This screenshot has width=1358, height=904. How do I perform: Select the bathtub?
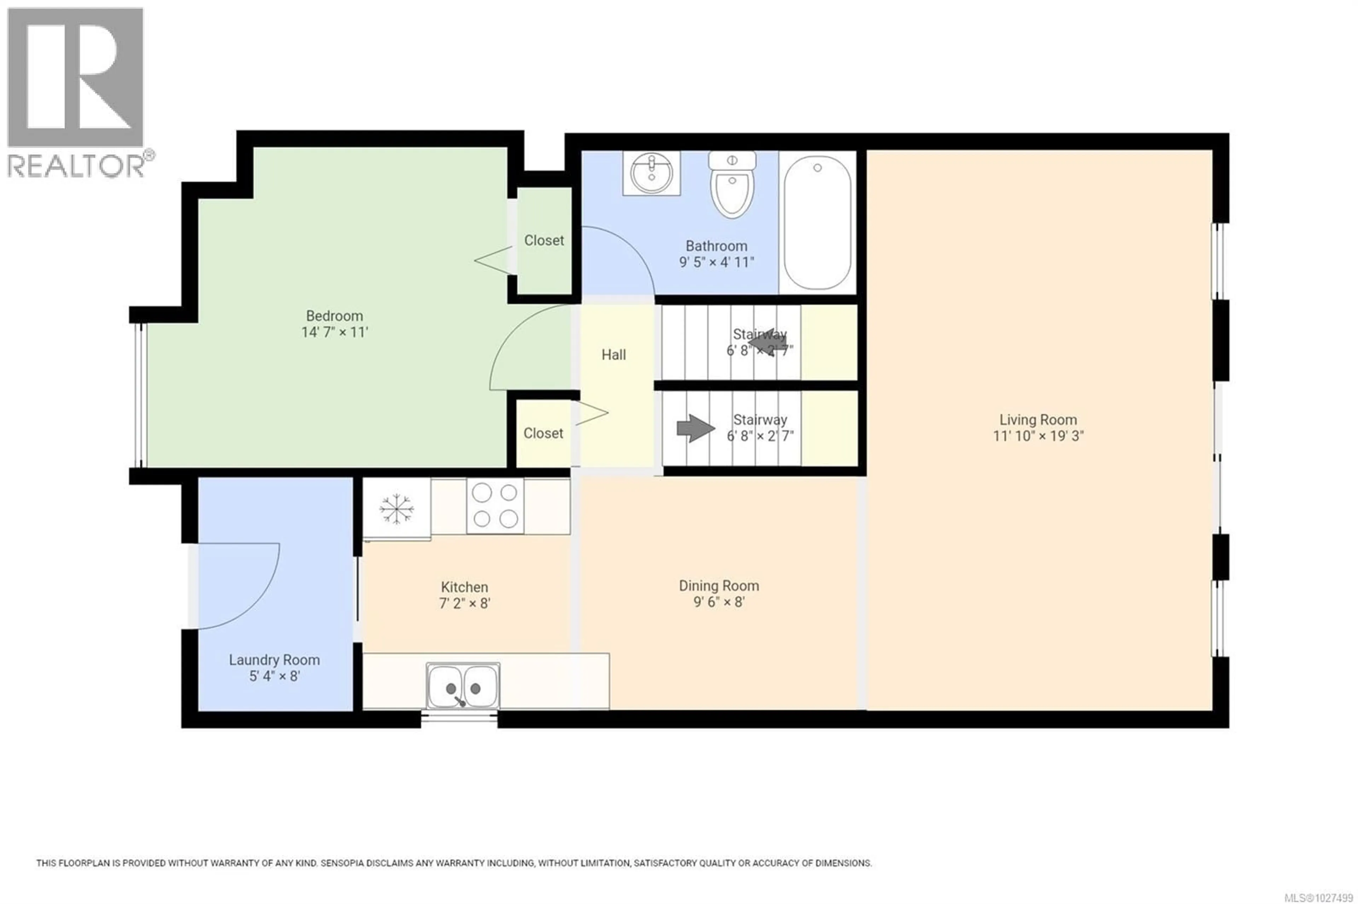pyautogui.click(x=817, y=223)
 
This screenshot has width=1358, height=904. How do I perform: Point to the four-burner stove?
pyautogui.click(x=495, y=506)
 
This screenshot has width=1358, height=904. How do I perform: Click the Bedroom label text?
pyautogui.click(x=334, y=316)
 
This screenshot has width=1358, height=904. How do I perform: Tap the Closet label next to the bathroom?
pyautogui.click(x=544, y=240)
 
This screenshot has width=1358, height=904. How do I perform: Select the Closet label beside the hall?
pyautogui.click(x=543, y=433)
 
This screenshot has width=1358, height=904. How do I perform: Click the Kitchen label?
pyautogui.click(x=464, y=587)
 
